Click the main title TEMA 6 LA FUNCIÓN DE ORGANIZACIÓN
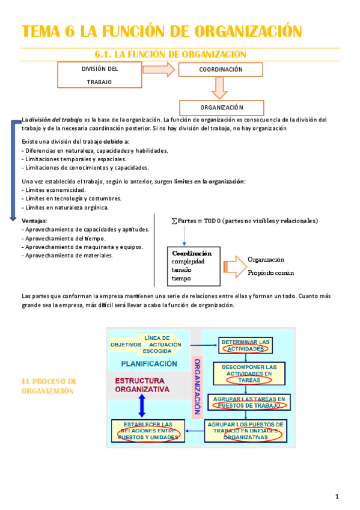coord(161,31)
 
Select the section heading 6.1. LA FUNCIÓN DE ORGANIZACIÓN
coord(171,55)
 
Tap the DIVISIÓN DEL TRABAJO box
coord(99,75)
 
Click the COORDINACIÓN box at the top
coord(221,70)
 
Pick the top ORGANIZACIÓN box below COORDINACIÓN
coord(221,108)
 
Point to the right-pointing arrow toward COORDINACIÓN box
coord(159,70)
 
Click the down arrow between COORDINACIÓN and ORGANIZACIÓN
coord(219,88)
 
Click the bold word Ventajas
coord(34,220)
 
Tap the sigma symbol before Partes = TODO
coord(174,221)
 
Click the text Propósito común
coord(270,273)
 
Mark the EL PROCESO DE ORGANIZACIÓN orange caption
coord(49,386)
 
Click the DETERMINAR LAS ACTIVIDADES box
coord(245,345)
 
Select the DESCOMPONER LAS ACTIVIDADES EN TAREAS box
coord(249,373)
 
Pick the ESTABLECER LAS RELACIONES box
coord(147,431)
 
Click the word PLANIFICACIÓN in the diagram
coord(149,363)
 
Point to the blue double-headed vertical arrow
coord(142,407)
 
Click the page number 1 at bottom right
coord(337,496)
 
